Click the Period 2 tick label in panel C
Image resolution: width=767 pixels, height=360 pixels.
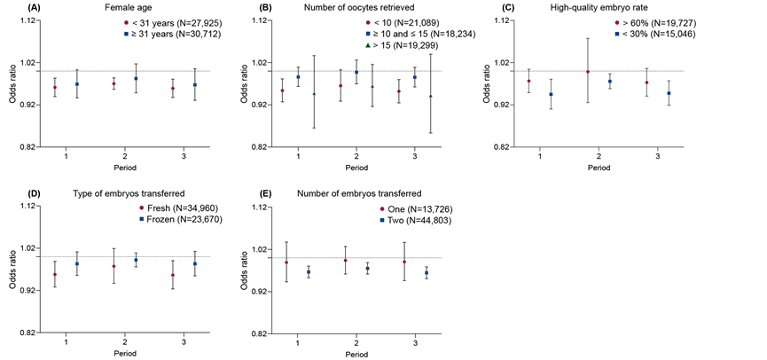[599, 156]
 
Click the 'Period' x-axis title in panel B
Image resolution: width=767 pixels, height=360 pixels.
[356, 168]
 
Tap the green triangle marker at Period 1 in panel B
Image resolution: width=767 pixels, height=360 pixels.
[314, 94]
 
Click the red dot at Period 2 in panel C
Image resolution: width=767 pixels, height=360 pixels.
[588, 72]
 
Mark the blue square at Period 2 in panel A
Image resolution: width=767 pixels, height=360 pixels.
[136, 79]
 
